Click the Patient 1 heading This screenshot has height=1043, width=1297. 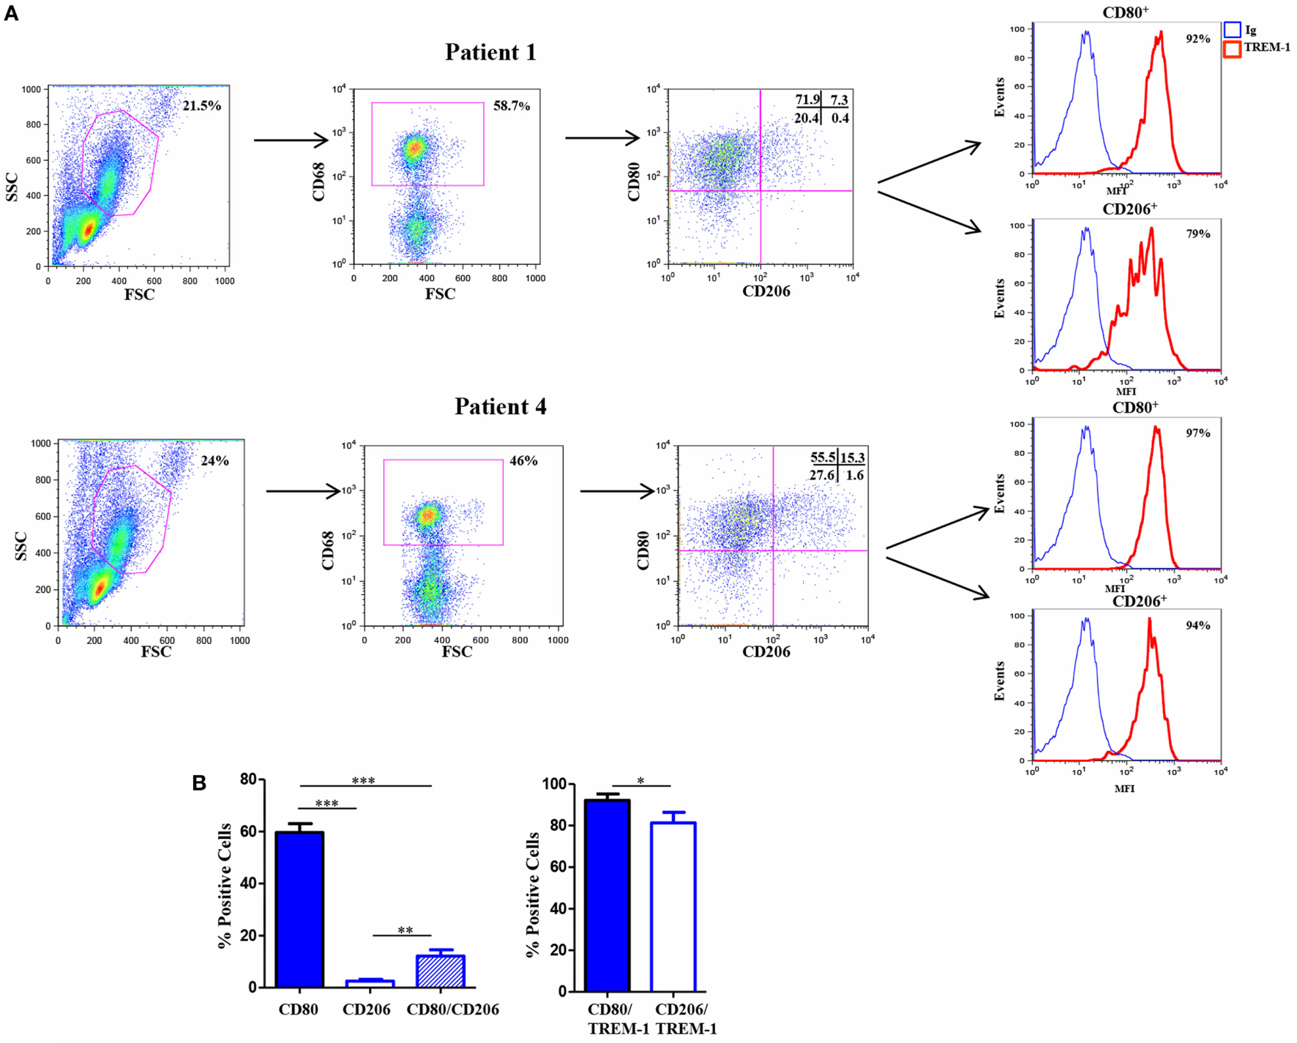click(490, 53)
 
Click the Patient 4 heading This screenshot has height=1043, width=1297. click(500, 407)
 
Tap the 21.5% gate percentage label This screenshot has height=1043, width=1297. click(201, 106)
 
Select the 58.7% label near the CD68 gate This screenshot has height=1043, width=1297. click(511, 106)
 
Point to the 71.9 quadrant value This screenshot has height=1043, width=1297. click(807, 100)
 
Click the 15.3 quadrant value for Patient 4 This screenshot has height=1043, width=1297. click(852, 458)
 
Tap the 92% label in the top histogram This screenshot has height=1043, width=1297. click(1197, 40)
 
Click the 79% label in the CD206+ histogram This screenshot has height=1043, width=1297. click(1197, 234)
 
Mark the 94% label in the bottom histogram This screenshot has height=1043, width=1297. click(1197, 626)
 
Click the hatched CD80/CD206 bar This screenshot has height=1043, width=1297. click(441, 971)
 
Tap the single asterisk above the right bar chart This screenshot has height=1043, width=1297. click(640, 782)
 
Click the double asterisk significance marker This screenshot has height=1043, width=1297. click(405, 931)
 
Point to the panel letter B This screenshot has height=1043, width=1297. click(199, 783)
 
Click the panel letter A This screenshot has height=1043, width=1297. click(11, 13)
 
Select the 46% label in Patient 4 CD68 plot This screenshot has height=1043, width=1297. click(523, 461)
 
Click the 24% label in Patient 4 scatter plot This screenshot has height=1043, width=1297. click(214, 461)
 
